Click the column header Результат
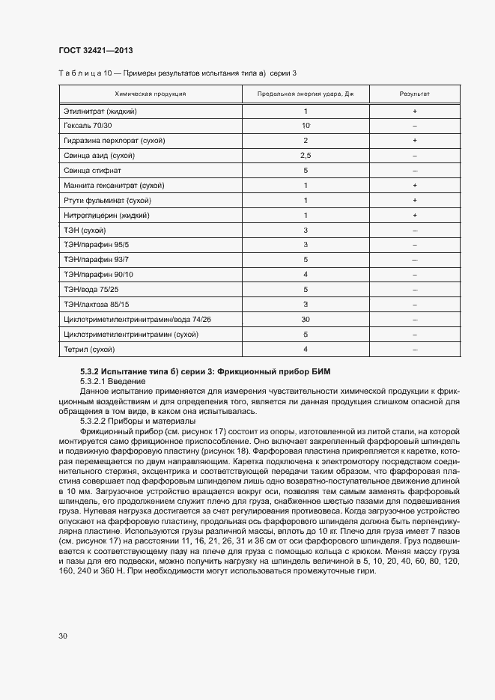coord(414,94)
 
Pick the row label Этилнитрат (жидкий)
coord(100,111)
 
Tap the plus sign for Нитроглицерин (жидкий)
coord(414,215)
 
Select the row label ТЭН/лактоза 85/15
coord(97,304)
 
